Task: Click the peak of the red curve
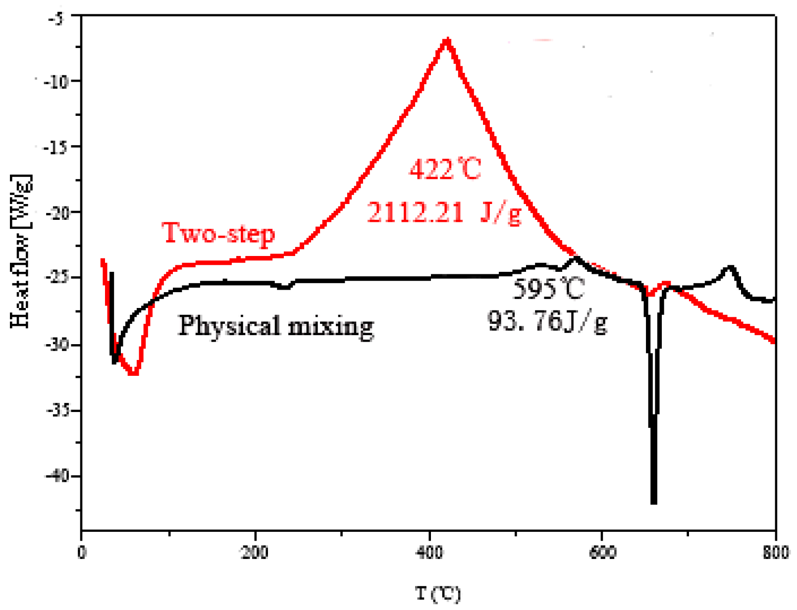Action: point(447,39)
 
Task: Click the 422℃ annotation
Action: point(444,169)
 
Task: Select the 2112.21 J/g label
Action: point(444,213)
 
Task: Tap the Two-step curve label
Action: point(218,233)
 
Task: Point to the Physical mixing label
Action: point(275,326)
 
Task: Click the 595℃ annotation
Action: point(548,289)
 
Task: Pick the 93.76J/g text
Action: point(547,322)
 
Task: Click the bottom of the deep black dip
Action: point(654,501)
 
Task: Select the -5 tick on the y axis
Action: point(56,18)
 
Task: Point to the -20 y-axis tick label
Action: point(56,213)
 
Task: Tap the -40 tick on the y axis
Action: point(56,476)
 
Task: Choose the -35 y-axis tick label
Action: point(56,410)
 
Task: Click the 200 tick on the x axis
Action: point(255,553)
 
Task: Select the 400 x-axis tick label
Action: point(429,553)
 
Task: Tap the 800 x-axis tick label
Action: point(775,553)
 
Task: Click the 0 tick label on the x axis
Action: point(82,553)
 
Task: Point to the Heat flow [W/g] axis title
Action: point(20,252)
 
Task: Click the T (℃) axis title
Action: point(438,593)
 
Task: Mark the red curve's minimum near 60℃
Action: point(133,374)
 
